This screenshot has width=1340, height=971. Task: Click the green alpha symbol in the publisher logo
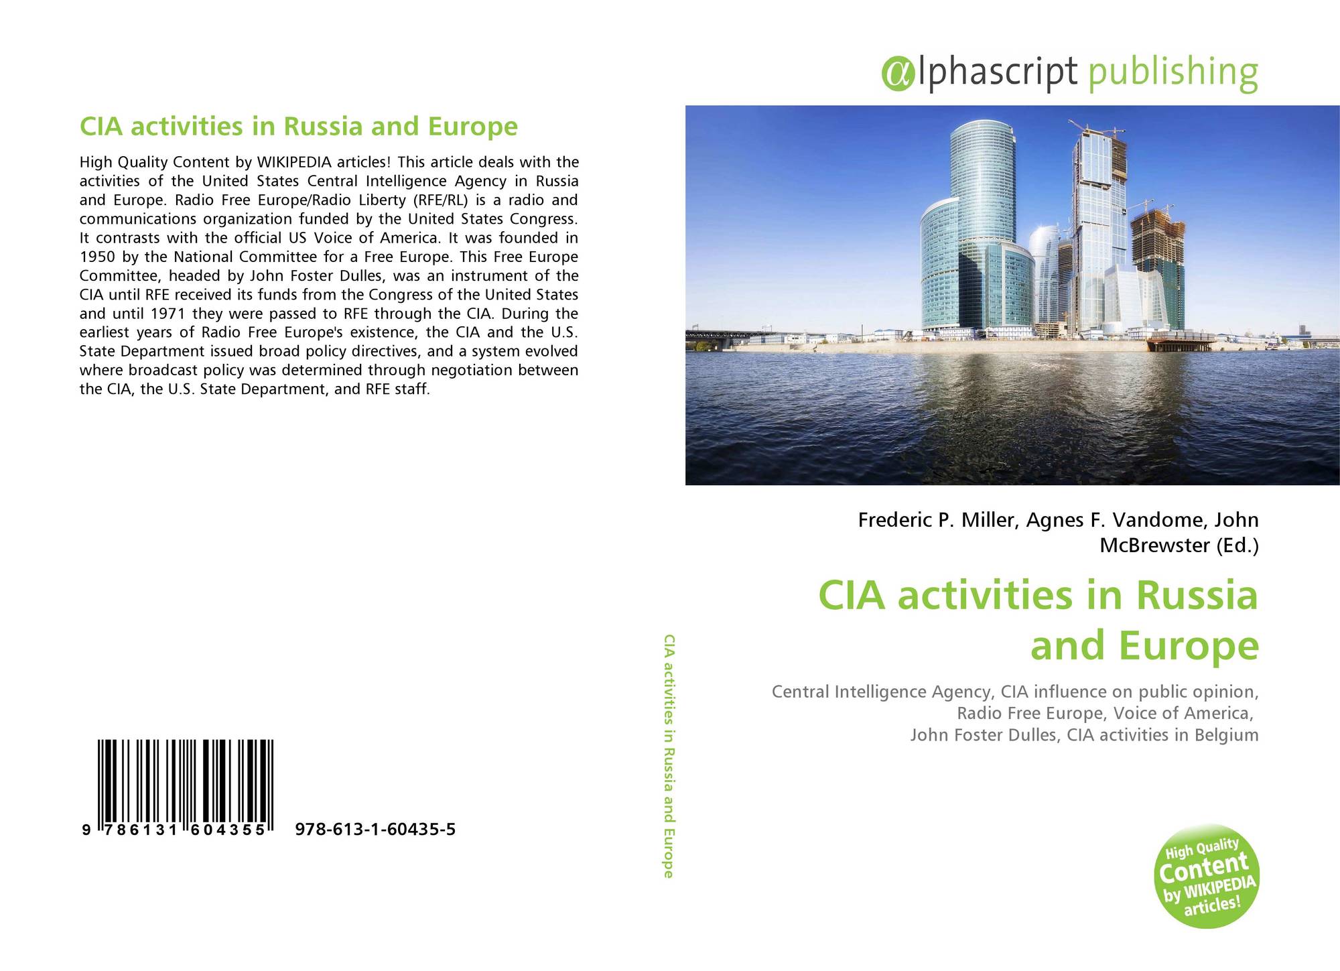tap(898, 74)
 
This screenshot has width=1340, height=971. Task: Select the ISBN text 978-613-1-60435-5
tap(375, 830)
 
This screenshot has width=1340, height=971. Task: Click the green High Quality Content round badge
tap(1207, 876)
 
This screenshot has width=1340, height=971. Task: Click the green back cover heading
tap(299, 126)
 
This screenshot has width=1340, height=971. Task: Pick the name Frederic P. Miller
tap(935, 520)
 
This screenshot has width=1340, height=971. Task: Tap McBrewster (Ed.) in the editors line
tap(1179, 545)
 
